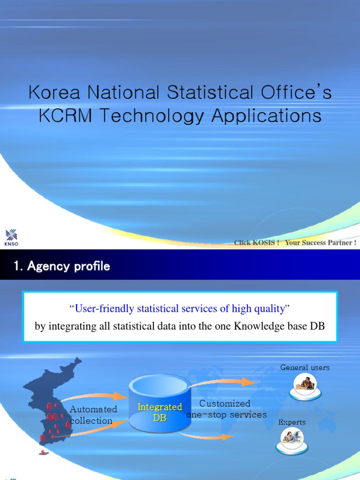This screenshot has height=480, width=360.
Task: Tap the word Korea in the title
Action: point(50,92)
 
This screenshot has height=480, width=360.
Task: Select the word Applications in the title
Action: point(266,116)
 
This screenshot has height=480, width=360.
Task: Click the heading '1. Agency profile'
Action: point(62,266)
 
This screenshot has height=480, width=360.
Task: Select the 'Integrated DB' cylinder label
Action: point(160,412)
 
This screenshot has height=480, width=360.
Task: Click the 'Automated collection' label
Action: point(93,415)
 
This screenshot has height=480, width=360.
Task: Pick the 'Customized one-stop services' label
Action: point(226,409)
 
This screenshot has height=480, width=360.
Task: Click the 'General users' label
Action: point(305,367)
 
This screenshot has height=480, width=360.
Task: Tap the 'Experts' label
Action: point(292,422)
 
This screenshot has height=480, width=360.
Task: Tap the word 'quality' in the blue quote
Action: point(268,308)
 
